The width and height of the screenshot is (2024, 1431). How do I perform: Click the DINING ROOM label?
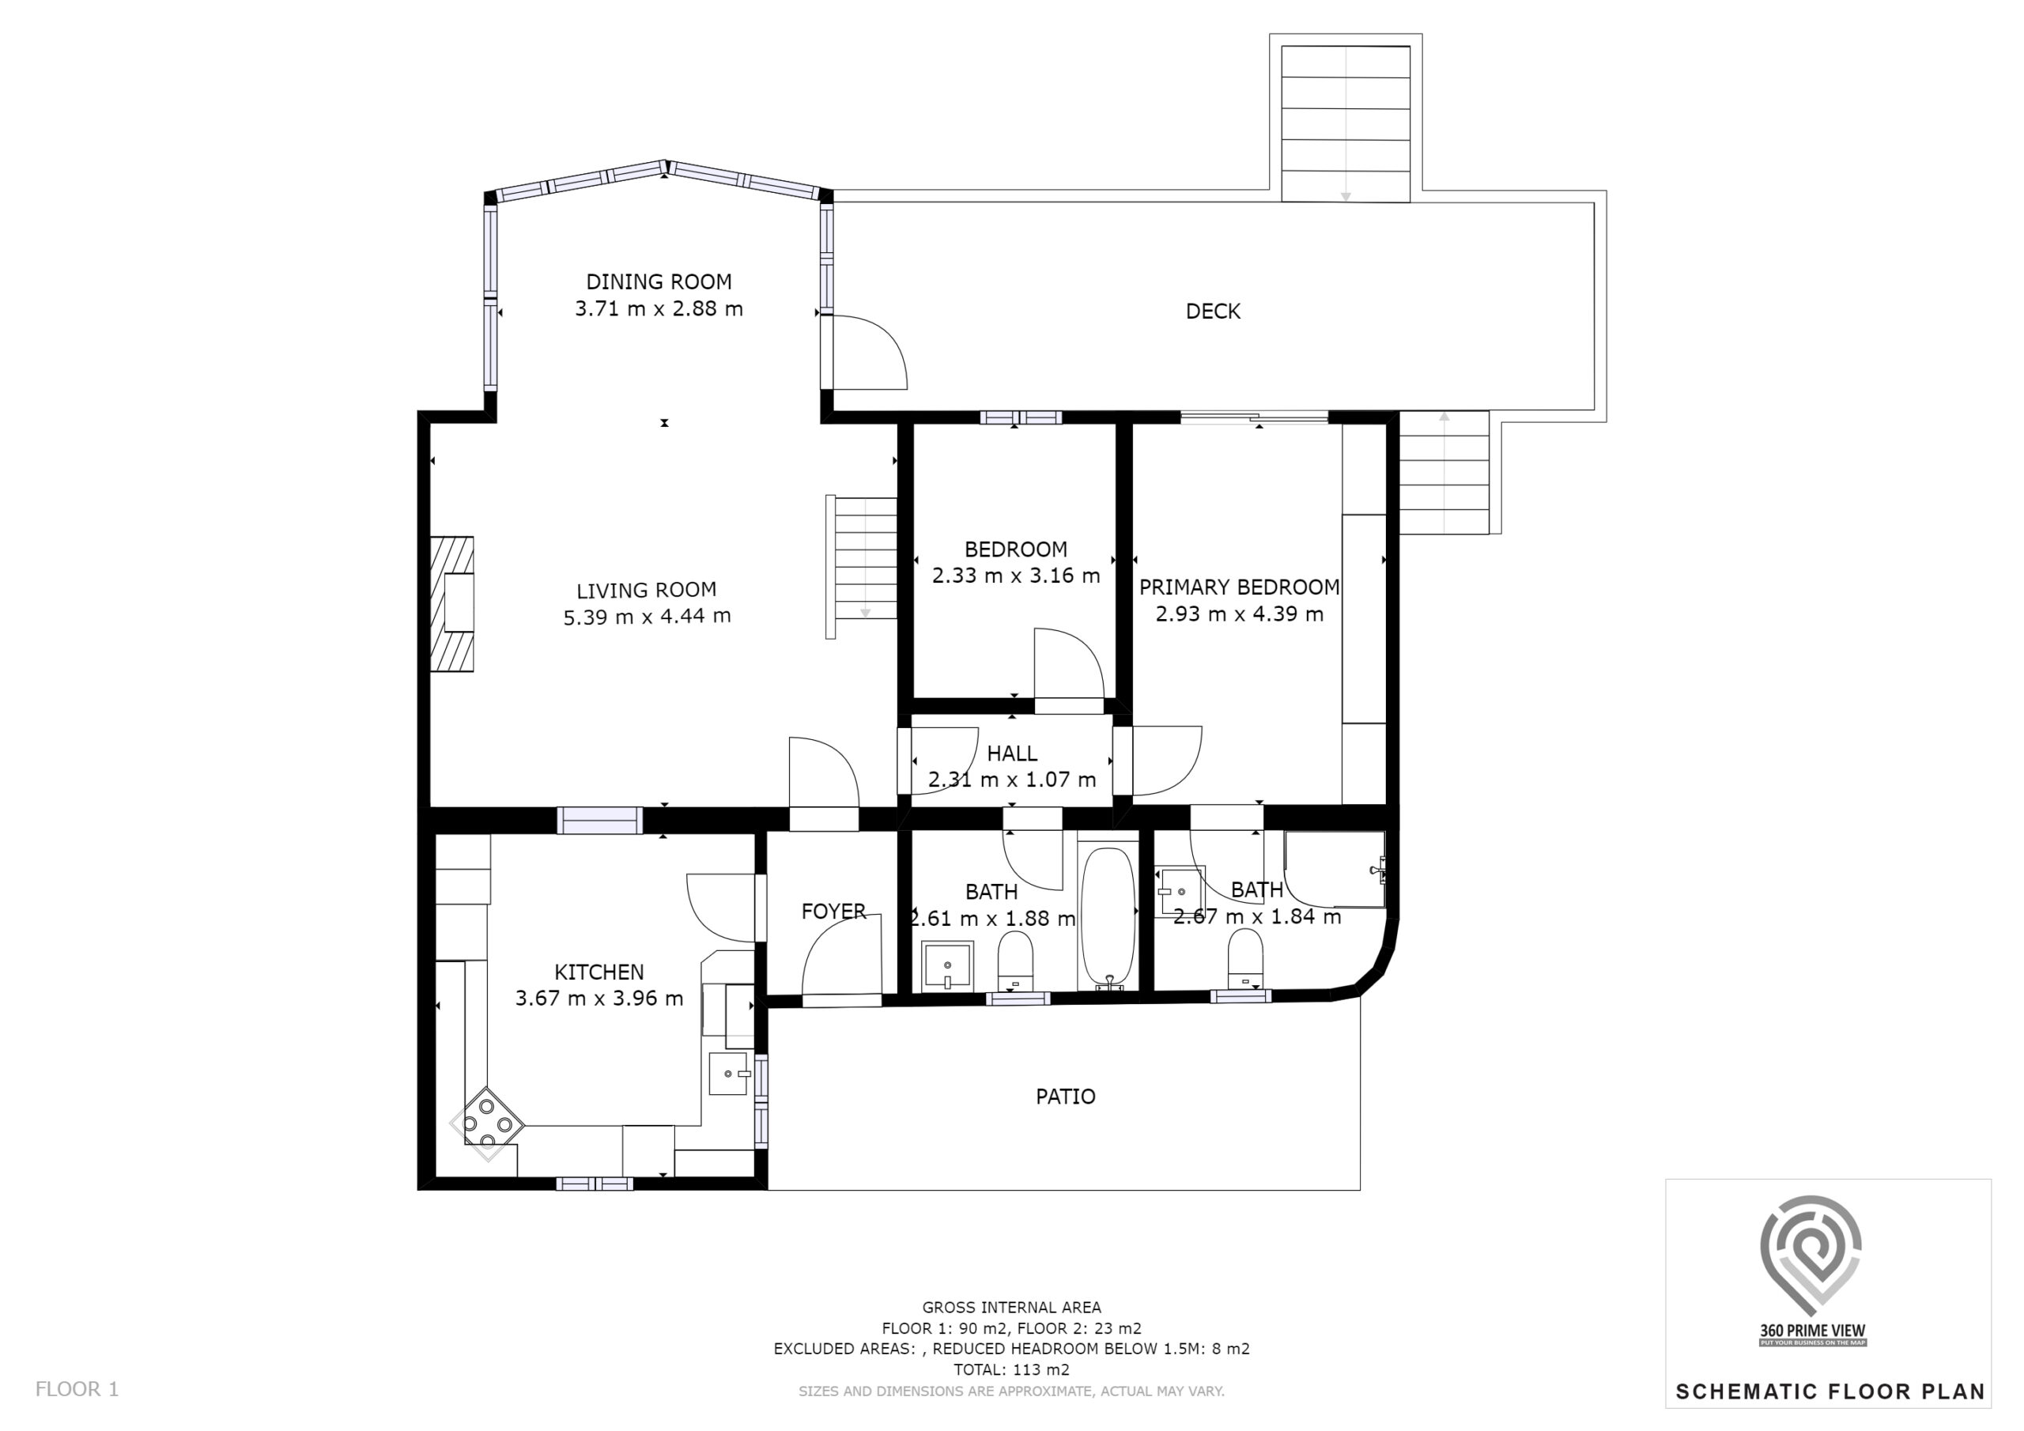click(x=659, y=282)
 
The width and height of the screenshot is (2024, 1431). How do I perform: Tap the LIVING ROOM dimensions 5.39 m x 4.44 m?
click(x=647, y=617)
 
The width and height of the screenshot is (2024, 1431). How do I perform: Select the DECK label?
click(x=1213, y=311)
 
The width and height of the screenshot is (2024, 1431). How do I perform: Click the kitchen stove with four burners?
click(x=488, y=1124)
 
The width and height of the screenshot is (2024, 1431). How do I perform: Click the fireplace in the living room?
click(x=452, y=604)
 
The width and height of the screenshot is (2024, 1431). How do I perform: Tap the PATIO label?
click(x=1066, y=1097)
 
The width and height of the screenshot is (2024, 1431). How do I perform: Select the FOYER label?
click(x=833, y=912)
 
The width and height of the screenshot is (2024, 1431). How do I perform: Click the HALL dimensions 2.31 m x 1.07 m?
click(x=1012, y=780)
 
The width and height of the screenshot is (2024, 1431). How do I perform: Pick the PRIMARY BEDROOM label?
click(x=1240, y=587)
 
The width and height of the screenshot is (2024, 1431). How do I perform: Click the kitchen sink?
click(x=728, y=1073)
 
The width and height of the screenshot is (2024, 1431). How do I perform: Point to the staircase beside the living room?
click(x=861, y=566)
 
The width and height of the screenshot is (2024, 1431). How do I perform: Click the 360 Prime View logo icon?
click(x=1811, y=1252)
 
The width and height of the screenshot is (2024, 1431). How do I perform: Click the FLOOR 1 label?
click(x=77, y=1390)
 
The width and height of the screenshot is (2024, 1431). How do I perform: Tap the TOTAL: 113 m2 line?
click(x=1011, y=1369)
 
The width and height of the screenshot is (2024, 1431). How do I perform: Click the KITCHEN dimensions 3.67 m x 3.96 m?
click(x=599, y=999)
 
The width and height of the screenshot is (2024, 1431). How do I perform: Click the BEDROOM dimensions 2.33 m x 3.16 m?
click(x=1017, y=576)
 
